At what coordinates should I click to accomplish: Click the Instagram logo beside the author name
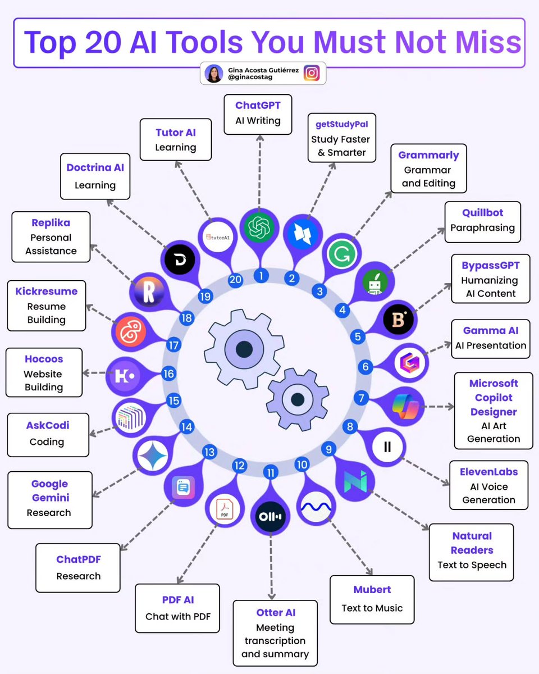pyautogui.click(x=312, y=74)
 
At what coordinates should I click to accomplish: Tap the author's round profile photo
pyautogui.click(x=214, y=74)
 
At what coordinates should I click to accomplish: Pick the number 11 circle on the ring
pyautogui.click(x=271, y=473)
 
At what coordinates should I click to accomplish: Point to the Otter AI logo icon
pyautogui.click(x=271, y=516)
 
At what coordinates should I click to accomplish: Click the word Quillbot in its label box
pyautogui.click(x=482, y=213)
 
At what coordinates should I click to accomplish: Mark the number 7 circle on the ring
pyautogui.click(x=360, y=398)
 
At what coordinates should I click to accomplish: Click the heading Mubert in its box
pyautogui.click(x=372, y=590)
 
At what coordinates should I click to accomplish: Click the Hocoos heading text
pyautogui.click(x=44, y=359)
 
